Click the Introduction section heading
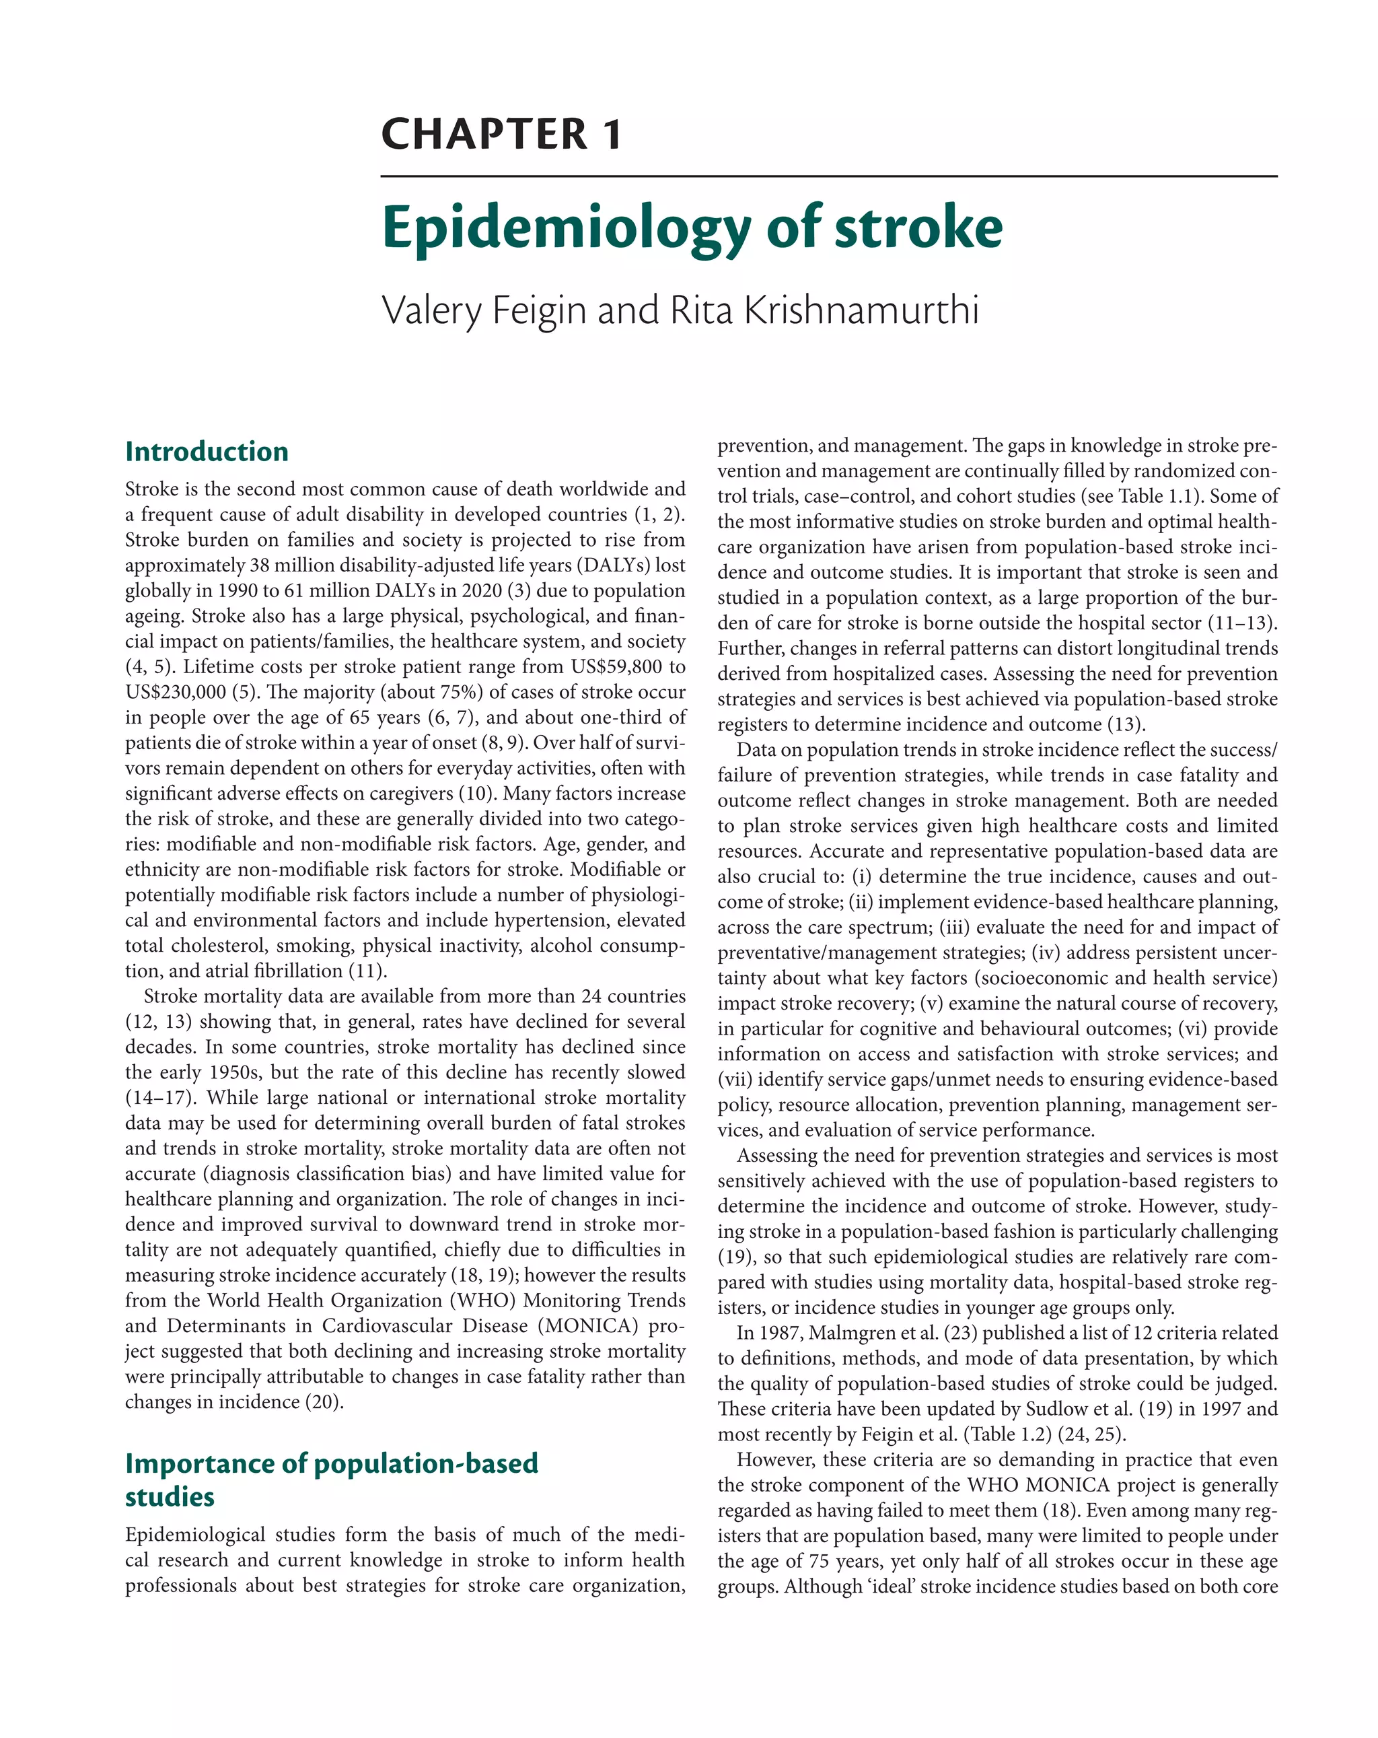207,452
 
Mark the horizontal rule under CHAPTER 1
828,176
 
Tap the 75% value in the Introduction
458,693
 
